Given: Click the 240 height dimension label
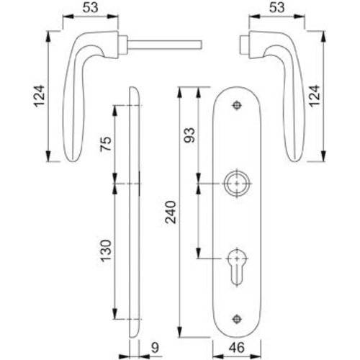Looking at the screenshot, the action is pyautogui.click(x=171, y=212).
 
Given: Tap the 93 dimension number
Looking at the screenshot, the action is pyautogui.click(x=189, y=135).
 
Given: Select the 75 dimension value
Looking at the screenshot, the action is pyautogui.click(x=106, y=143).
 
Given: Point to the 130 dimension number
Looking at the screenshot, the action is pyautogui.click(x=106, y=251).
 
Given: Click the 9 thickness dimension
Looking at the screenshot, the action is pyautogui.click(x=156, y=348).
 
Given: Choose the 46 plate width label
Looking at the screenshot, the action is pyautogui.click(x=237, y=348).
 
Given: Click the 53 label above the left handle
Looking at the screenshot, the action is pyautogui.click(x=91, y=7).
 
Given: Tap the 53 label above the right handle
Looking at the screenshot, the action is pyautogui.click(x=276, y=7).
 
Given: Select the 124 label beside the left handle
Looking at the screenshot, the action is pyautogui.click(x=39, y=96).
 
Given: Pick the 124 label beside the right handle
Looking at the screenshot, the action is pyautogui.click(x=315, y=96).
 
